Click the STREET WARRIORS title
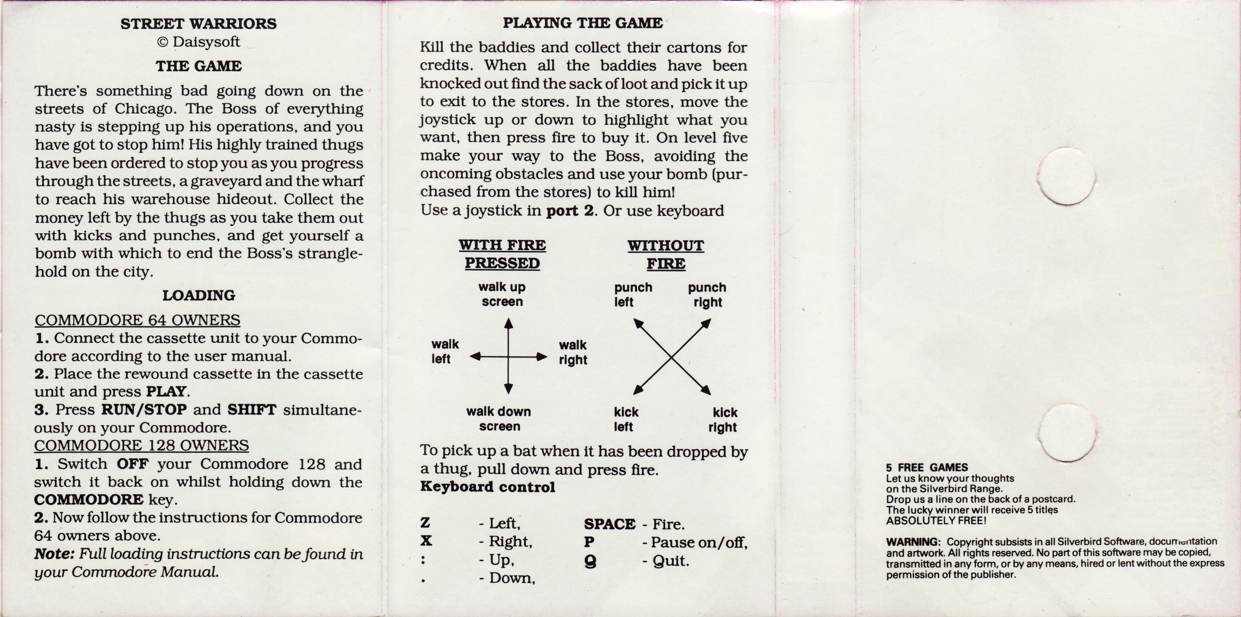coord(199,24)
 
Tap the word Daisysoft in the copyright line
coord(206,42)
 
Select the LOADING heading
coord(199,295)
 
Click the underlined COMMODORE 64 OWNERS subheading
coord(137,320)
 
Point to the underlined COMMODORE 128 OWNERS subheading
coord(141,445)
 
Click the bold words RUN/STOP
coord(144,409)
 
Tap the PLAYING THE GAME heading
coord(583,23)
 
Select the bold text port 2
coord(570,211)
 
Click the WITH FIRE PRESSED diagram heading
coord(502,254)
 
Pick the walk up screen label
coord(502,294)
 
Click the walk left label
coord(445,352)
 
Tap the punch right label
coord(707,295)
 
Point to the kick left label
coord(626,419)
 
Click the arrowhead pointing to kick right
coord(706,390)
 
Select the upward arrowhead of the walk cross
coord(508,323)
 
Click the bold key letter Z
coord(425,523)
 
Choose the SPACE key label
coord(610,524)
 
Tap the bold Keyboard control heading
coord(487,487)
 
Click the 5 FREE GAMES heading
coord(927,467)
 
